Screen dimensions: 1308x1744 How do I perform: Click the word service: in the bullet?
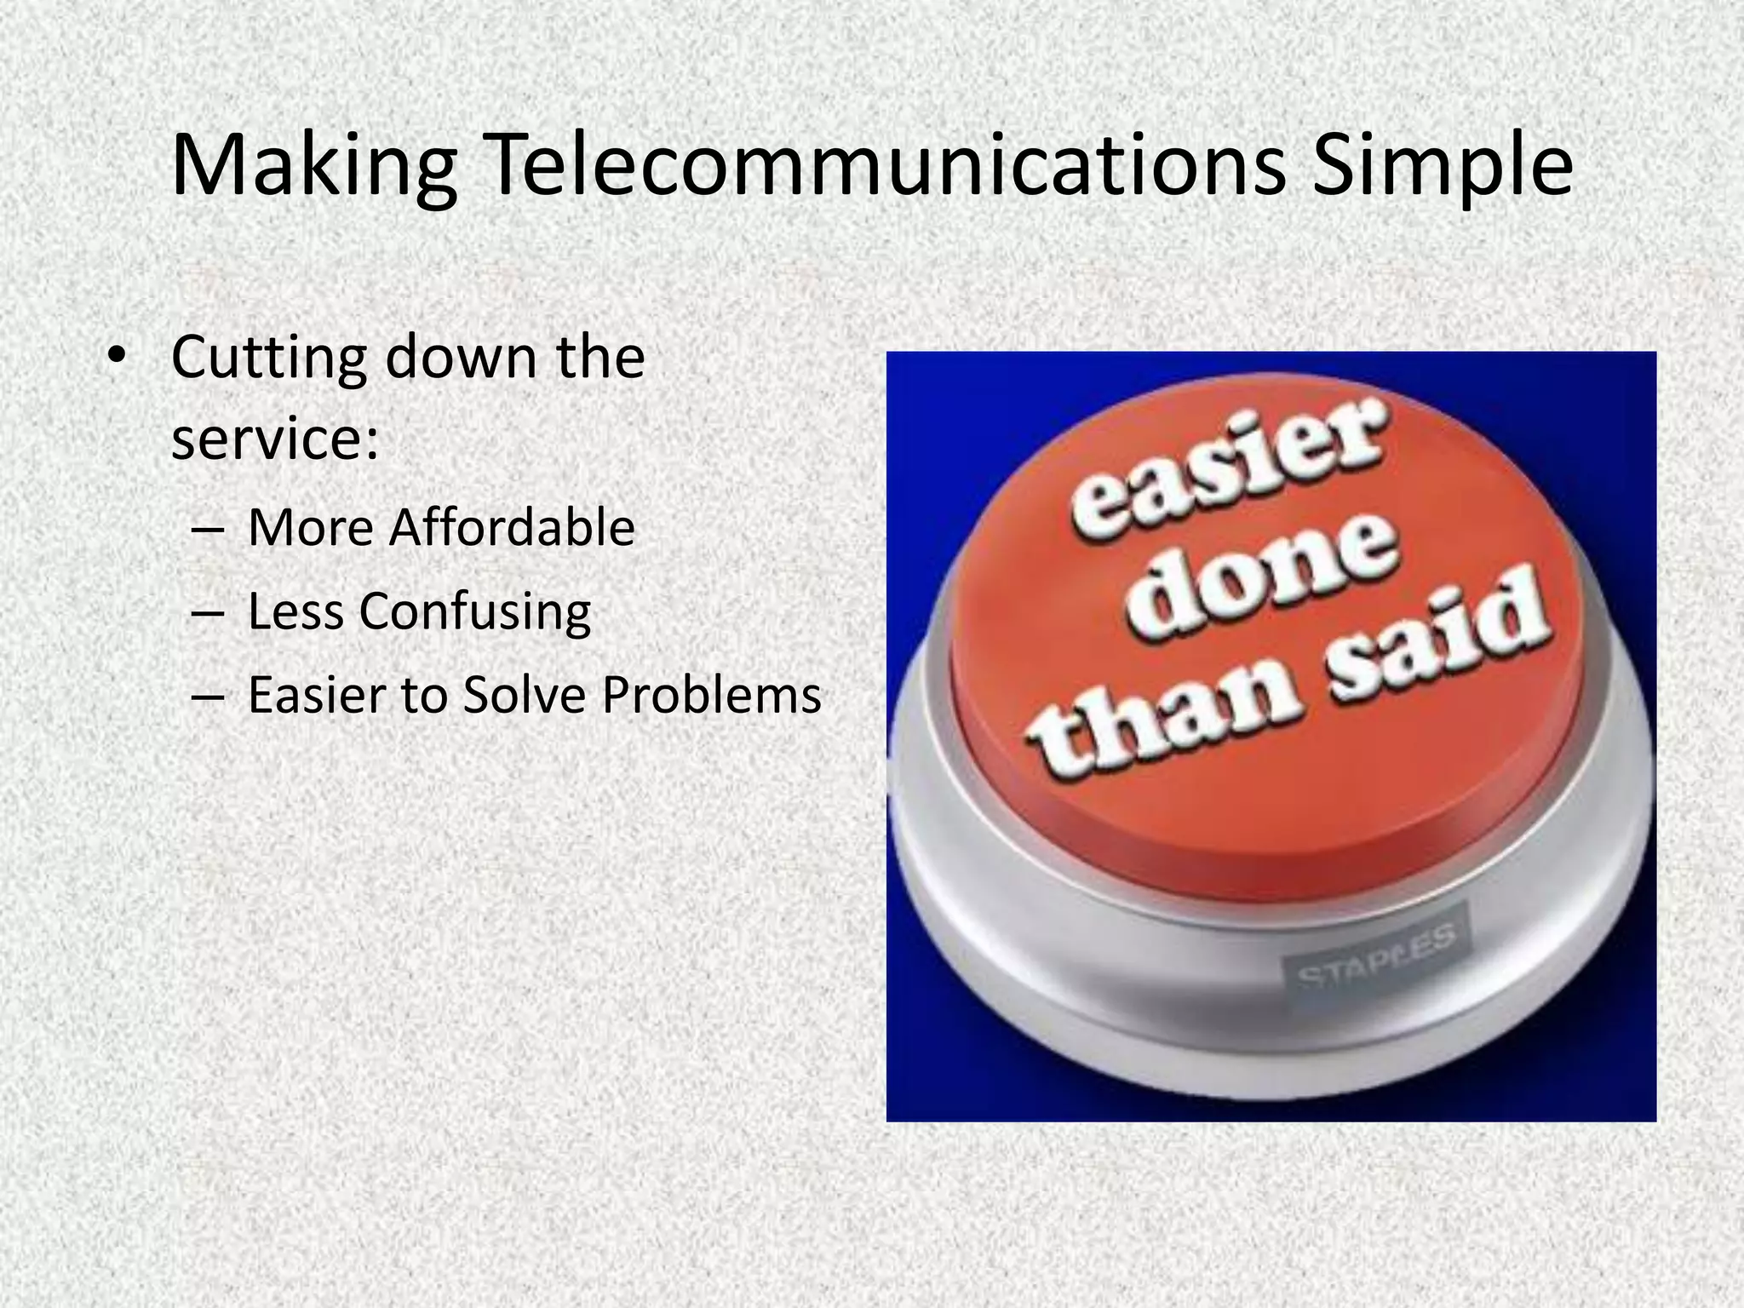[274, 440]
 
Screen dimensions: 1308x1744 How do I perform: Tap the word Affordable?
[512, 528]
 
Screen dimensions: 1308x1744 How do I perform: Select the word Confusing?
[474, 612]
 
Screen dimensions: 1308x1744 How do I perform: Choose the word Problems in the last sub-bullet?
[711, 695]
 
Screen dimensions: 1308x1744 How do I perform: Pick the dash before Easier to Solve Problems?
[209, 696]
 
